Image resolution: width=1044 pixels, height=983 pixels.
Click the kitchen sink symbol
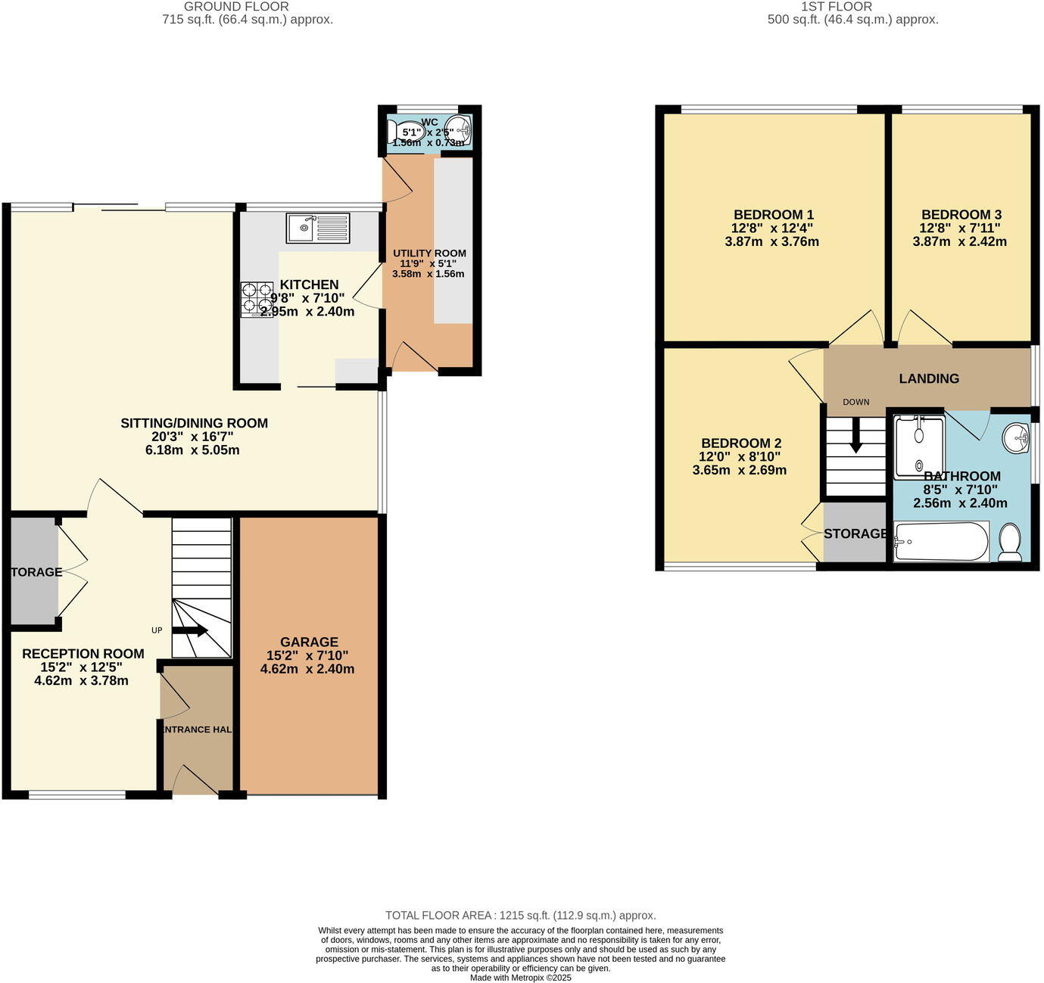318,228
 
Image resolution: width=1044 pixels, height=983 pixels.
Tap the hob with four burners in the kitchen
257,299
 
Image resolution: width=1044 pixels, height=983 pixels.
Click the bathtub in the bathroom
941,542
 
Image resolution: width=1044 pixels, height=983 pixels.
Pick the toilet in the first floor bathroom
1010,543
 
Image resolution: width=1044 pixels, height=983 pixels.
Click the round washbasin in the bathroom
1016,437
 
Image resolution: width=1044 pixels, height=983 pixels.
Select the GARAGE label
309,642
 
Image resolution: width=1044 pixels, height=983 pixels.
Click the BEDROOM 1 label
773,214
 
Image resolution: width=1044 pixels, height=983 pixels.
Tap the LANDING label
929,378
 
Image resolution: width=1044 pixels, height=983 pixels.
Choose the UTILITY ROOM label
429,254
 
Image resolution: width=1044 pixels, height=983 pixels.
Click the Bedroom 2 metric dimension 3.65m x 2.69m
739,470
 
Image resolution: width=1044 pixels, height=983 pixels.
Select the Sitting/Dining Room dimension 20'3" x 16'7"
194,437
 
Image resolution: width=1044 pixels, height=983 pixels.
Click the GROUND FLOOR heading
236,7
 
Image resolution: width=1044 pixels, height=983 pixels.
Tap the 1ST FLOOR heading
837,7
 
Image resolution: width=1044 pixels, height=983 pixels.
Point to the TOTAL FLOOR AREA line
520,915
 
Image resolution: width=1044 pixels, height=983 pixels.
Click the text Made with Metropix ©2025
520,978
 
